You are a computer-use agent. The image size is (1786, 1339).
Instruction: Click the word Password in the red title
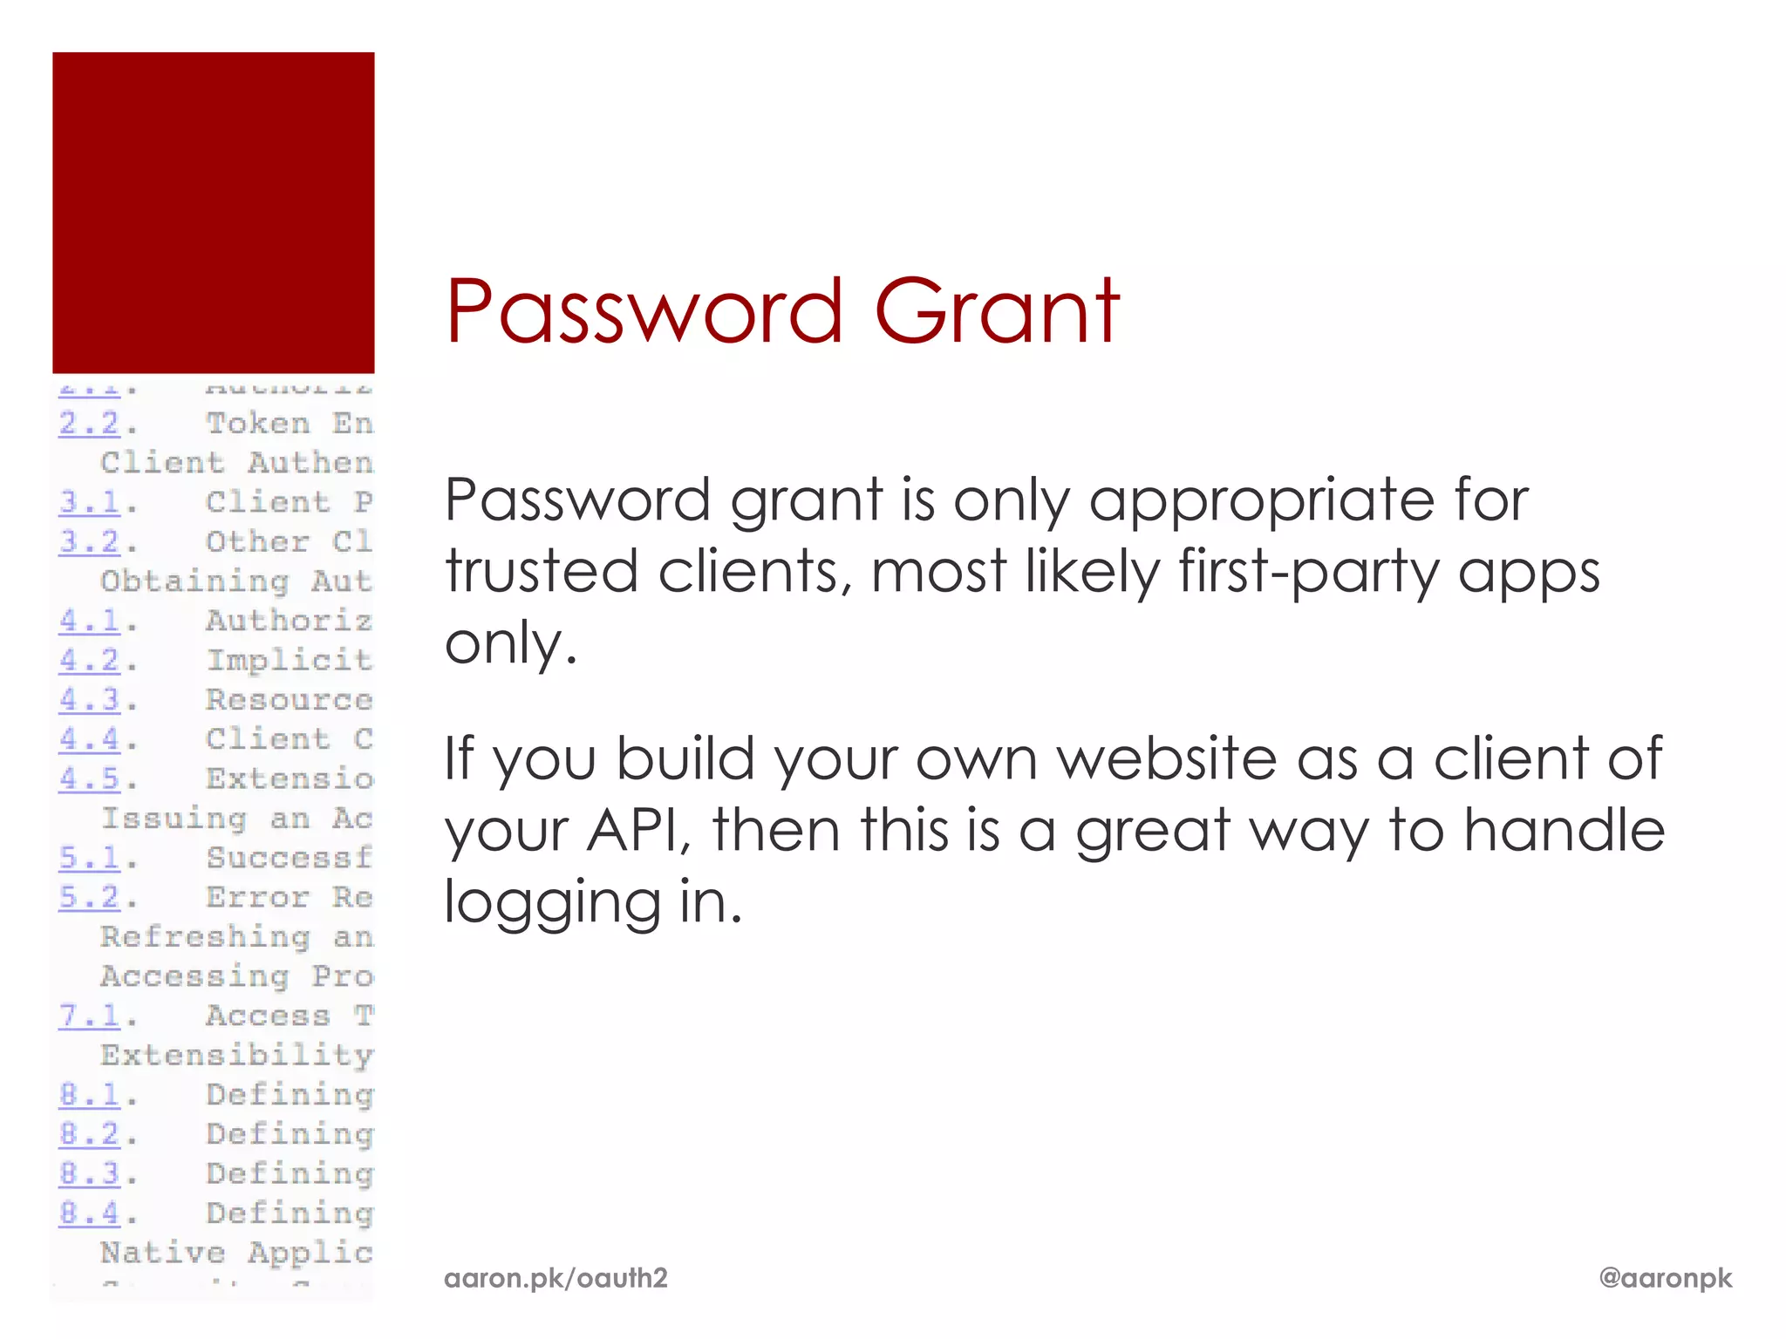point(644,311)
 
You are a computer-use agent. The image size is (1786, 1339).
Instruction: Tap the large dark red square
point(213,213)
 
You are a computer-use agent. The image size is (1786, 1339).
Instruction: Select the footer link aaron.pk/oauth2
point(556,1278)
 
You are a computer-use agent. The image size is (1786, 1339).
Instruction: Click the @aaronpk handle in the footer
point(1665,1278)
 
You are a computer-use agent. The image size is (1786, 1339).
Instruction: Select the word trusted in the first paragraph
point(542,572)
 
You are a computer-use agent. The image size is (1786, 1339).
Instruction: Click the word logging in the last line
point(552,902)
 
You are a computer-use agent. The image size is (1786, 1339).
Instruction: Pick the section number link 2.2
point(89,424)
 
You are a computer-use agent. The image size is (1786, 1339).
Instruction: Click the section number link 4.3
point(89,700)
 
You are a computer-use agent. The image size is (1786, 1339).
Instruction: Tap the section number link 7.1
point(89,1016)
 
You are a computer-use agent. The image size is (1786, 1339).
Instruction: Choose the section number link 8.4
point(89,1213)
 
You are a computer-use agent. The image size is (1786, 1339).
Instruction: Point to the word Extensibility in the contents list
point(236,1056)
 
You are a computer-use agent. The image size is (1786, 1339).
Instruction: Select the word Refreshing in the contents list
point(205,937)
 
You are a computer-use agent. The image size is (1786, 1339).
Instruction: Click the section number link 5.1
point(89,858)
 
